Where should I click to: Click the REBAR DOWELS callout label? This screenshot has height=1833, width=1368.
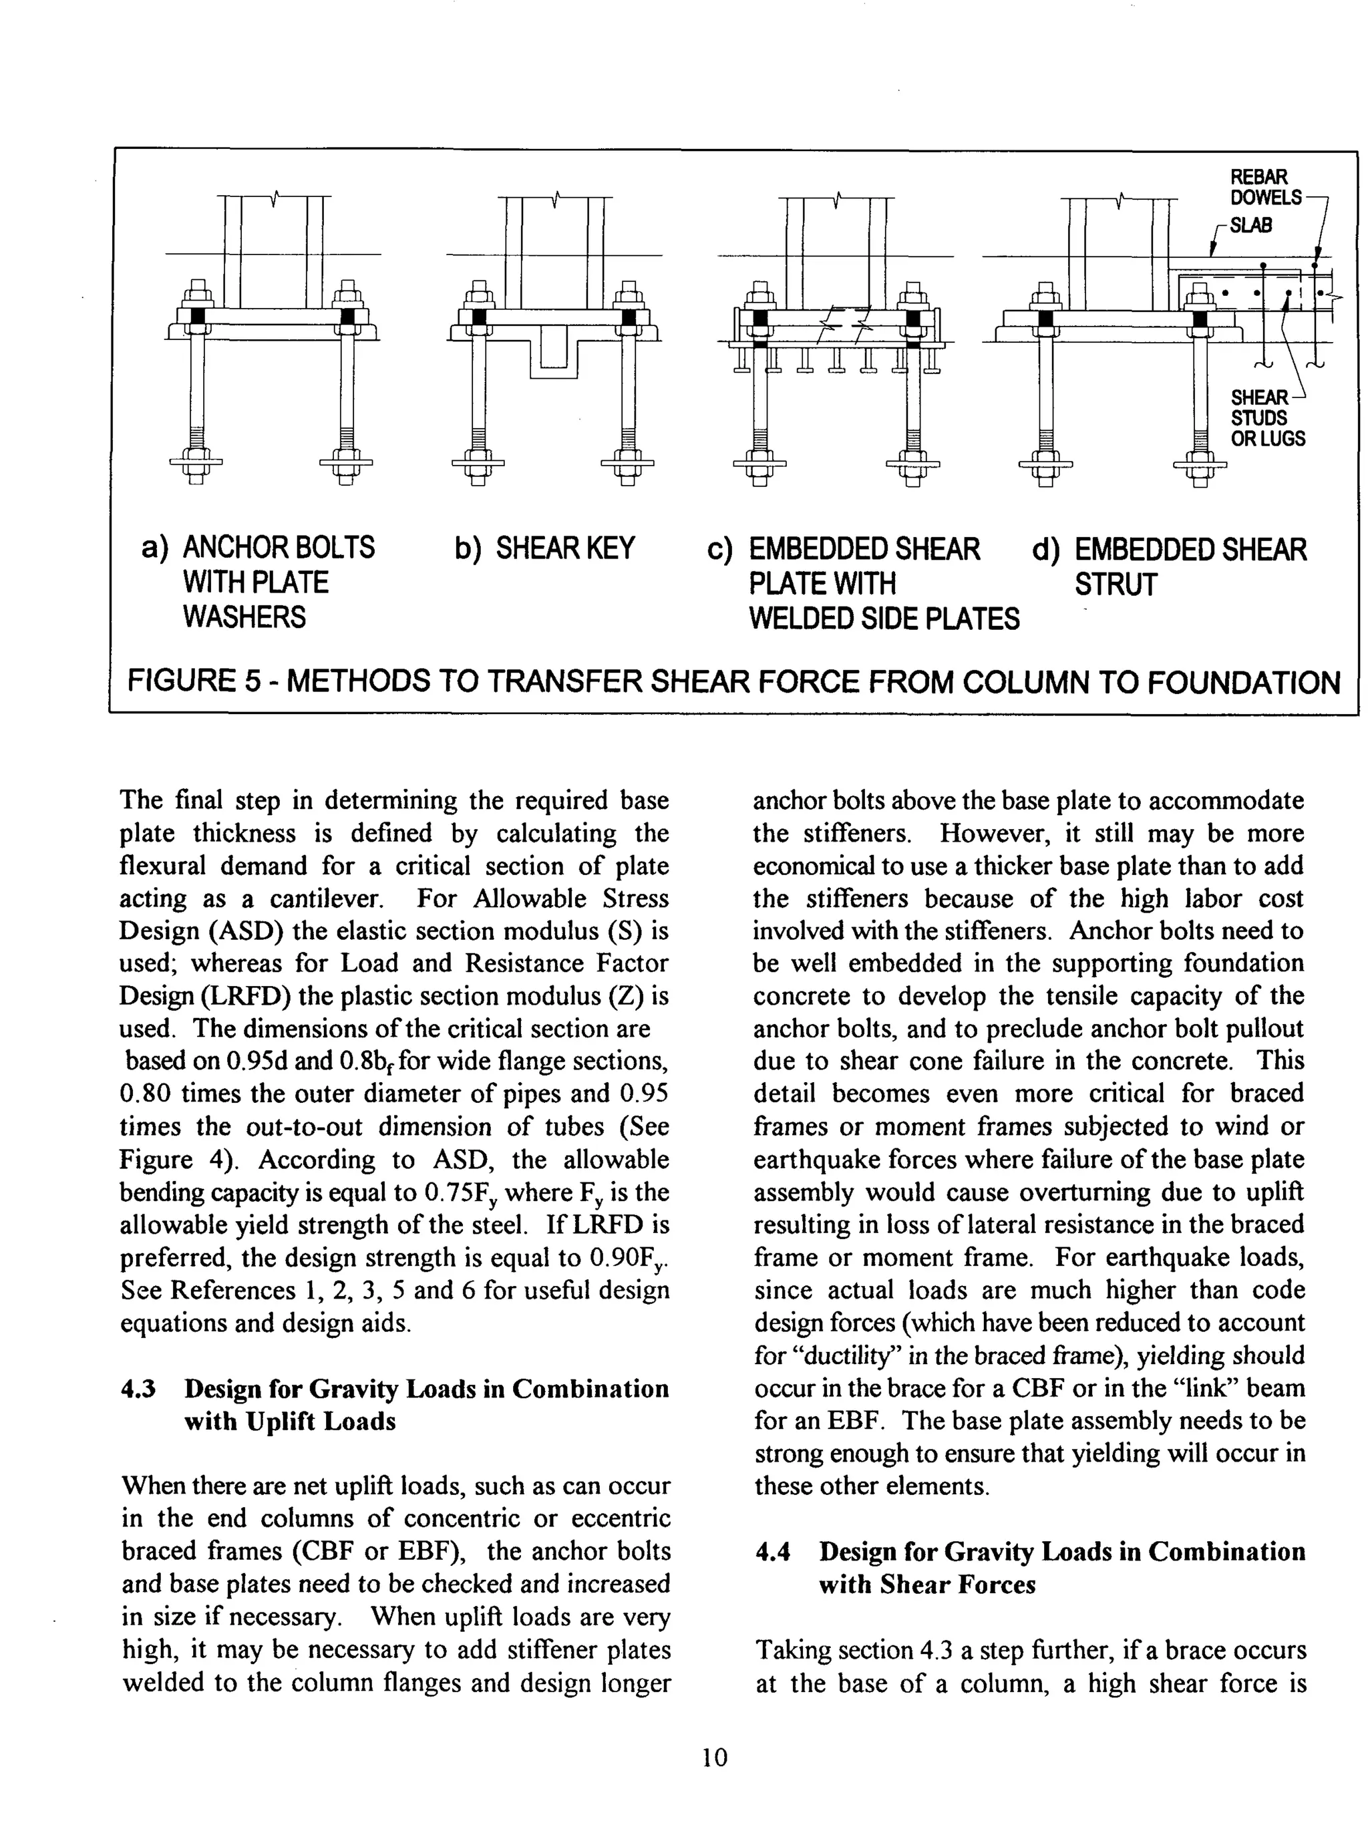1264,187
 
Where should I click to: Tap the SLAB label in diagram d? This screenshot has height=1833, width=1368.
1250,225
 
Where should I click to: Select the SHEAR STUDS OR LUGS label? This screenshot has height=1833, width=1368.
1266,418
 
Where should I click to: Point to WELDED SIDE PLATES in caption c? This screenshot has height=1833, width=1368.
884,619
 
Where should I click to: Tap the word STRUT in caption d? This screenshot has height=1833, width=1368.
1115,585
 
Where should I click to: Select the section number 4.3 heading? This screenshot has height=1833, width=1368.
138,1388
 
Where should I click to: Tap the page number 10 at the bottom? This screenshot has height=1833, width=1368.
714,1756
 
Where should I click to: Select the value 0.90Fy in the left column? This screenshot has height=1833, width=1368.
629,1259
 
